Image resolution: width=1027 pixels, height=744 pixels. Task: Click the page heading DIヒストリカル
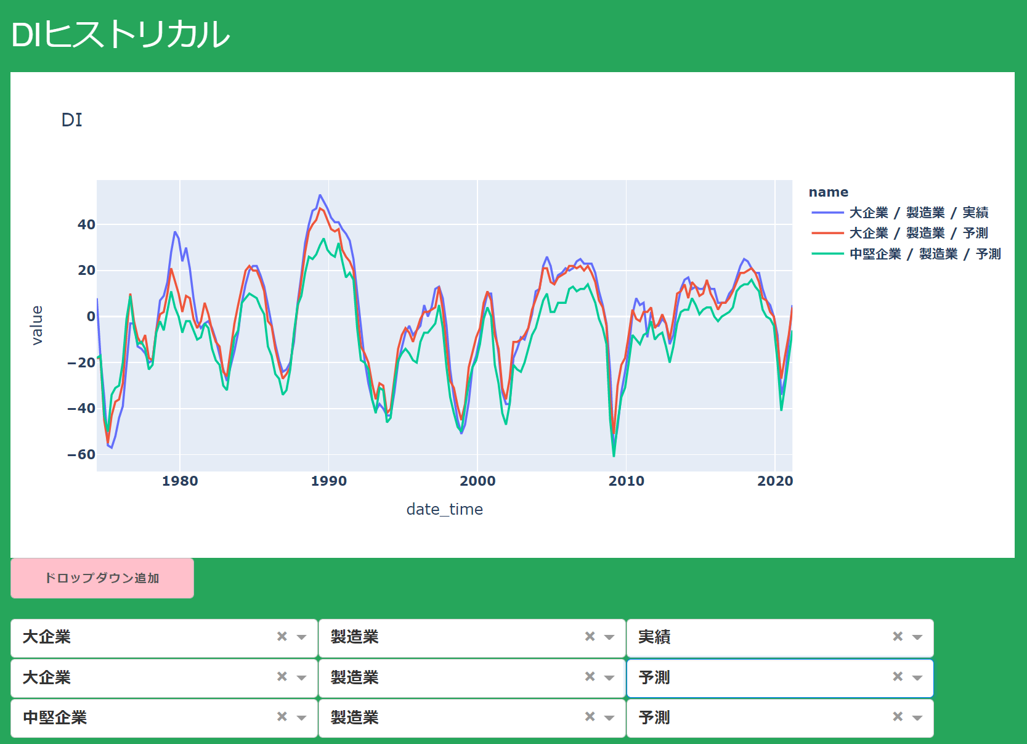pos(120,35)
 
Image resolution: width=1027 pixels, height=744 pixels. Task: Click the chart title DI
pos(71,120)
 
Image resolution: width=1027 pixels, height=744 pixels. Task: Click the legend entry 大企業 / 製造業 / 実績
pos(899,213)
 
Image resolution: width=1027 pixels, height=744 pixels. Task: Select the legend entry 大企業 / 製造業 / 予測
pos(899,233)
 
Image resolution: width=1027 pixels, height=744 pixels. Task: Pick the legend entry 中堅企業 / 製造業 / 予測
pos(906,254)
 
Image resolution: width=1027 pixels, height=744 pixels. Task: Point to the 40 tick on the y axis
pos(86,225)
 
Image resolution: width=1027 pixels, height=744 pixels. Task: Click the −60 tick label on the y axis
pos(81,454)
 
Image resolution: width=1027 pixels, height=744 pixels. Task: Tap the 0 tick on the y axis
pos(91,316)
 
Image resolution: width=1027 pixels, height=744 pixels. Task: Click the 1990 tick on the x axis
pos(329,481)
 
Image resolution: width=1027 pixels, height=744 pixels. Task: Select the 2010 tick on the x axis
pos(627,481)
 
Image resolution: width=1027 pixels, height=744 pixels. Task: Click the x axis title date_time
pos(445,510)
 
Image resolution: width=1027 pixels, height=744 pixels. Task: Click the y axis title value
pos(37,325)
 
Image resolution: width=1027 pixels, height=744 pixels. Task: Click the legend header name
pos(829,192)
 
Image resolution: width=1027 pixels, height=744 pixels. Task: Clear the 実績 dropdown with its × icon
pos(898,637)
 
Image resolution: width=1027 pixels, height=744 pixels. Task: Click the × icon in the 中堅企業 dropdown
pos(282,717)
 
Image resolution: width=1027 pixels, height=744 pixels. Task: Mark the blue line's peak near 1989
pos(320,195)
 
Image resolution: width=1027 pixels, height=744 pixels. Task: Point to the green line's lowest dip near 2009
pos(614,456)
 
